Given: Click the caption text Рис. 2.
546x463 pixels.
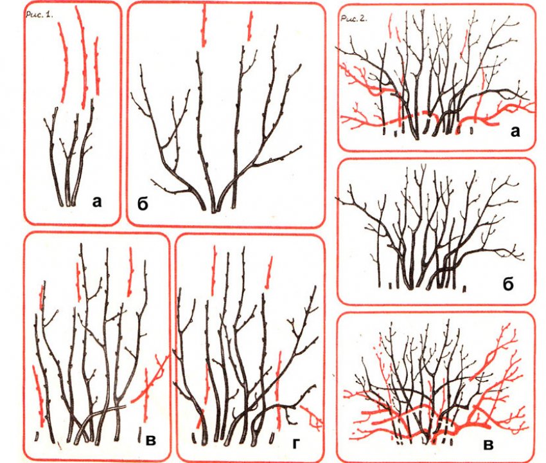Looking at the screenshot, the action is pos(354,19).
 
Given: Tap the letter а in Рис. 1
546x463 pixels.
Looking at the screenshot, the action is pos(97,201).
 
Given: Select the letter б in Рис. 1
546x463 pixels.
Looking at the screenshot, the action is pos(143,204).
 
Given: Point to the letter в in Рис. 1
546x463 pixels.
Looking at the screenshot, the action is pos(151,440).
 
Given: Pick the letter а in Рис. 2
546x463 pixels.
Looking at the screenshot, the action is pos(515,131).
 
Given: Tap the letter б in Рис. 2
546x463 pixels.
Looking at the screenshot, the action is pos(508,284).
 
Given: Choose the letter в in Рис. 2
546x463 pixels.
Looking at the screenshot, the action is pos(489,445).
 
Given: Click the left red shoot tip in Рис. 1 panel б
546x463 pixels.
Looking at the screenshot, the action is pos(204,26).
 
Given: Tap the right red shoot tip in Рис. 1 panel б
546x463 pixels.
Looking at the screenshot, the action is pos(249,26).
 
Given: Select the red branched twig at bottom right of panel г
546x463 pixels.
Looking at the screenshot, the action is pos(312,417).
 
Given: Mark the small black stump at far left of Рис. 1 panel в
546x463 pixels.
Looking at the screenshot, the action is pos(37,436).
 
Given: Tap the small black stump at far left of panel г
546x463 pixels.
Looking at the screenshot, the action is pos(193,437).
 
